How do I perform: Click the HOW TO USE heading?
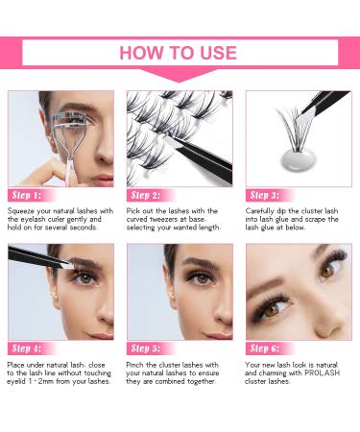(x=180, y=52)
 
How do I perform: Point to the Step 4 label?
(x=28, y=348)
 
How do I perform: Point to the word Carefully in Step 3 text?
(x=263, y=210)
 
